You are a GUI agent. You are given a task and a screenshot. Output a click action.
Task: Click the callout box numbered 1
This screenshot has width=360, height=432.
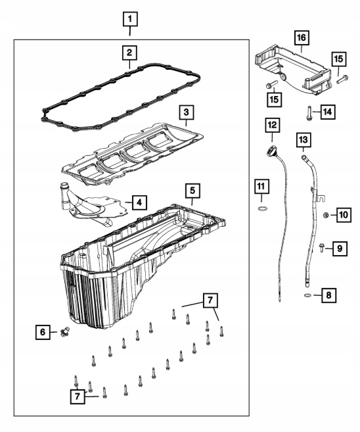click(x=130, y=19)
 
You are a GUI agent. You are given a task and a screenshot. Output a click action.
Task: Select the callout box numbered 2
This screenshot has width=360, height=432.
click(x=129, y=53)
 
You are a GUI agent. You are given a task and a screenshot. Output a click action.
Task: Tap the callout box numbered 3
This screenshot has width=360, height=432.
click(x=187, y=112)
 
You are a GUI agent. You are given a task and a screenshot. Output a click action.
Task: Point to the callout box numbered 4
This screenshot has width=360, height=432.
click(x=139, y=203)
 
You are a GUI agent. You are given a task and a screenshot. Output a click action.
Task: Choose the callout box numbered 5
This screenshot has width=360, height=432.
click(x=192, y=191)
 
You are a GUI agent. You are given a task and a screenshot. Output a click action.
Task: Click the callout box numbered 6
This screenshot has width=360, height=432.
click(x=43, y=332)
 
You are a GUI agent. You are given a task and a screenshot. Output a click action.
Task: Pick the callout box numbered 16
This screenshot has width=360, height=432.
click(x=302, y=37)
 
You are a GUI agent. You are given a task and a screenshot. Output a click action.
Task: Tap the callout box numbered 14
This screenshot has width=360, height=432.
click(x=328, y=112)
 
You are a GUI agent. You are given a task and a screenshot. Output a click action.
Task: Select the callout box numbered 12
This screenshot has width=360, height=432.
click(x=272, y=125)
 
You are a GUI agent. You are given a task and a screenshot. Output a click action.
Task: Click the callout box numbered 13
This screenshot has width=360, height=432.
click(x=304, y=139)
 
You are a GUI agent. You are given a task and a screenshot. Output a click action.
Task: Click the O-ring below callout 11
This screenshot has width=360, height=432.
click(x=263, y=208)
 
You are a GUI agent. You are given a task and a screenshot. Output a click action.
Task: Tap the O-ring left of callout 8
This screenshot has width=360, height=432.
click(x=307, y=296)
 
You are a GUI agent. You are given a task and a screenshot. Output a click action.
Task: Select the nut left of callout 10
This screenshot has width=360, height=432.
click(x=325, y=215)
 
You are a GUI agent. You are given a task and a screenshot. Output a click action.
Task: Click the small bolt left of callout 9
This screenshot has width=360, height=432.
click(x=321, y=247)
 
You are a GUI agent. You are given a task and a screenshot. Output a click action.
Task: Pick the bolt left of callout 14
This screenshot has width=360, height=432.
click(x=308, y=113)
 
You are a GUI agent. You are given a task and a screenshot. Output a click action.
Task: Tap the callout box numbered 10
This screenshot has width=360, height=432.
click(x=344, y=214)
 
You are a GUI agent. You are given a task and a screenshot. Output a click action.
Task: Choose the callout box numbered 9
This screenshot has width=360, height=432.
click(x=340, y=249)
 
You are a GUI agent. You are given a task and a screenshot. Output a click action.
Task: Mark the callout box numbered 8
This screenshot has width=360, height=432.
click(x=328, y=295)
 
